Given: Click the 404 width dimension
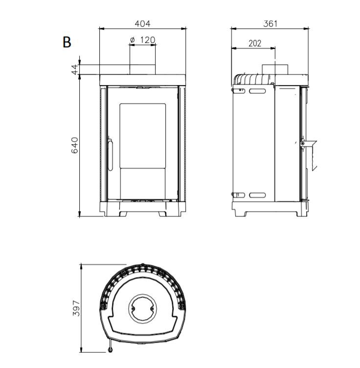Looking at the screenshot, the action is (142, 23).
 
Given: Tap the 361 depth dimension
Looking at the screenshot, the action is (270, 23).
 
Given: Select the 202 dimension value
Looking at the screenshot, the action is (255, 43).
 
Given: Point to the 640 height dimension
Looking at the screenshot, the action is (74, 145).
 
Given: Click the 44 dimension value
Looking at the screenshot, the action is (74, 69).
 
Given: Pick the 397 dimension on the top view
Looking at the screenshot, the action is (76, 308).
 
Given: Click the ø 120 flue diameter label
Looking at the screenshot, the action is (142, 40).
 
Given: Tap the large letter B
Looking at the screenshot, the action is (67, 42).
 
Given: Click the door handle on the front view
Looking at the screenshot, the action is (110, 153).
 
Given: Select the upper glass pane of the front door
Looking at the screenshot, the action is (142, 136).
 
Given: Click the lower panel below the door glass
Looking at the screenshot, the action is (142, 184).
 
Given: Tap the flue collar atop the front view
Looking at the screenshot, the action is (142, 69).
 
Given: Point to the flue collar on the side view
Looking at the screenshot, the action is (275, 69).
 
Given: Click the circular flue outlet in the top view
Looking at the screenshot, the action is (142, 309).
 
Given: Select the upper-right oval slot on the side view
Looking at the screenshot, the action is (257, 90).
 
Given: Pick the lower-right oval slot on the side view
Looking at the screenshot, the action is (257, 195).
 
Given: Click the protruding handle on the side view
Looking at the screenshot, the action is (309, 154).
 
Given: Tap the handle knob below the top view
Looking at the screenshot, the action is (110, 350).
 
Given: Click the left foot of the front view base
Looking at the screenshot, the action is (123, 214).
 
